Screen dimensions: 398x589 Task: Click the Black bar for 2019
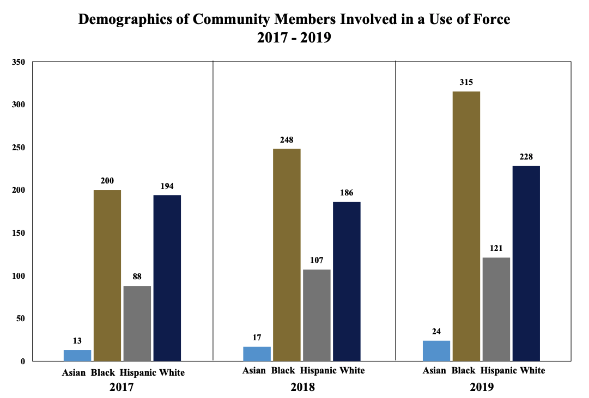tap(466, 226)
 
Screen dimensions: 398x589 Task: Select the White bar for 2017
tap(167, 278)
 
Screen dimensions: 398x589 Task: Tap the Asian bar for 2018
tap(257, 354)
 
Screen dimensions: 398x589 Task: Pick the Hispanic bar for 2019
tap(496, 309)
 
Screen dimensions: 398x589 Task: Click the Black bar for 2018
tap(287, 254)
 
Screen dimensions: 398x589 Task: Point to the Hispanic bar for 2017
tap(137, 323)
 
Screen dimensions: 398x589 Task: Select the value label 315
tap(466, 82)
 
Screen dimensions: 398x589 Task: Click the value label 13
tap(77, 341)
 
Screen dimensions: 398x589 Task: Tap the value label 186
tap(347, 193)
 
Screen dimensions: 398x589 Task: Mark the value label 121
tap(496, 248)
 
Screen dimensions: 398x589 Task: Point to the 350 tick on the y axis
tap(19, 62)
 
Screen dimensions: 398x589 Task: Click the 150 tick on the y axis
tap(19, 233)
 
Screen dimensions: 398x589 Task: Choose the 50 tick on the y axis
tap(21, 319)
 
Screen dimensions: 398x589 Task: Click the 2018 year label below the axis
tap(303, 388)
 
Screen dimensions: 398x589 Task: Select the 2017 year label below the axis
tap(122, 388)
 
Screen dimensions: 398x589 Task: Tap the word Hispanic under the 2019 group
tap(500, 371)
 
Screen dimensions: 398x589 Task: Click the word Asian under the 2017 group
tap(74, 373)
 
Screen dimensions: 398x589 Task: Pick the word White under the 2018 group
tap(352, 371)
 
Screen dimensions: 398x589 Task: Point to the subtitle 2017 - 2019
tap(294, 39)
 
